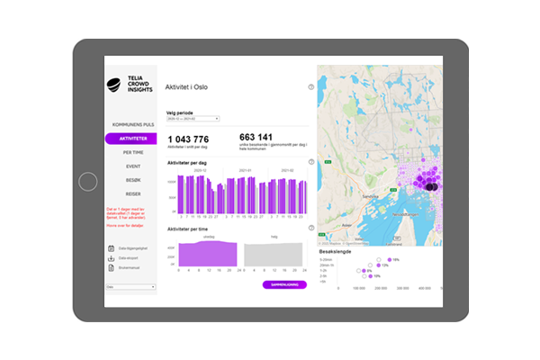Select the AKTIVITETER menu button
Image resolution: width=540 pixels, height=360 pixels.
click(x=130, y=139)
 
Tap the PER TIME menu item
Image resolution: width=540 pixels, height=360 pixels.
click(x=133, y=152)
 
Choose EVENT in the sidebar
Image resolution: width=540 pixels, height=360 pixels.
click(x=133, y=166)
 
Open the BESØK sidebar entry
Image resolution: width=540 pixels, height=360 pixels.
click(x=133, y=180)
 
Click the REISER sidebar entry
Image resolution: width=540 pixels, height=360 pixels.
click(x=133, y=193)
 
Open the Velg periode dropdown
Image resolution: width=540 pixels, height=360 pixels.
click(x=193, y=118)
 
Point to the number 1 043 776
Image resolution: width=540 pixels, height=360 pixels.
click(x=188, y=139)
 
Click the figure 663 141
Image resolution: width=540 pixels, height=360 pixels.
click(x=256, y=137)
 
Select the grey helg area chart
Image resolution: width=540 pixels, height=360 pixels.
click(x=274, y=256)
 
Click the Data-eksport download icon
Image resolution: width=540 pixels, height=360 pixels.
click(x=112, y=258)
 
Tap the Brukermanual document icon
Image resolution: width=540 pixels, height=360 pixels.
click(x=112, y=267)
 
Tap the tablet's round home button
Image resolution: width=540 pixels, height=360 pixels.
click(x=87, y=182)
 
